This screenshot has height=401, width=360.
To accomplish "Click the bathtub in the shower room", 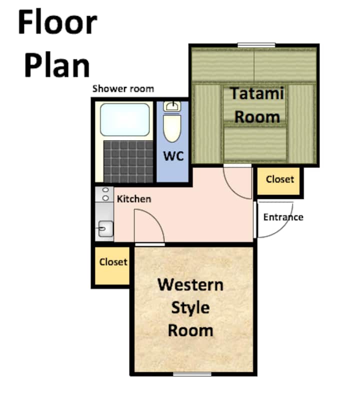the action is point(125,119).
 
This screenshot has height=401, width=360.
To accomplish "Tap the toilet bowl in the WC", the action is point(172,128).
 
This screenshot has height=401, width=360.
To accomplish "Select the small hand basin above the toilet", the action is point(172,106).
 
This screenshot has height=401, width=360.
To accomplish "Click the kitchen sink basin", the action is point(105,228).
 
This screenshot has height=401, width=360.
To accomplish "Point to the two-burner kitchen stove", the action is point(104,194).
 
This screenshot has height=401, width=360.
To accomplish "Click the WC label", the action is point(173,155).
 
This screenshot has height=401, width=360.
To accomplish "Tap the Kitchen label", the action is point(134,199).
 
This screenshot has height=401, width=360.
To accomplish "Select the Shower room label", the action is point(123,88).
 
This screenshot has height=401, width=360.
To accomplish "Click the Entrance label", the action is point(283,217).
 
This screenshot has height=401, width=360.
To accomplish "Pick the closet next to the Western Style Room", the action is point(112,265).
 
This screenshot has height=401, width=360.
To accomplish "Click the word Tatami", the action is point(257,93).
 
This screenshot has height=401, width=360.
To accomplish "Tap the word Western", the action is point(190,284).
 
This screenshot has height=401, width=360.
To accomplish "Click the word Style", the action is point(190,308).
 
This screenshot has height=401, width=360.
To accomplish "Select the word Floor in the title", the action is point(57,22).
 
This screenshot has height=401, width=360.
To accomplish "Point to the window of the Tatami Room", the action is point(256,45).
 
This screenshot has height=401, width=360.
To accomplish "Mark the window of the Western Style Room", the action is point(192,374).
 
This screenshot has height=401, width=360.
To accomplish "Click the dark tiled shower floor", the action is point(128,161).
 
